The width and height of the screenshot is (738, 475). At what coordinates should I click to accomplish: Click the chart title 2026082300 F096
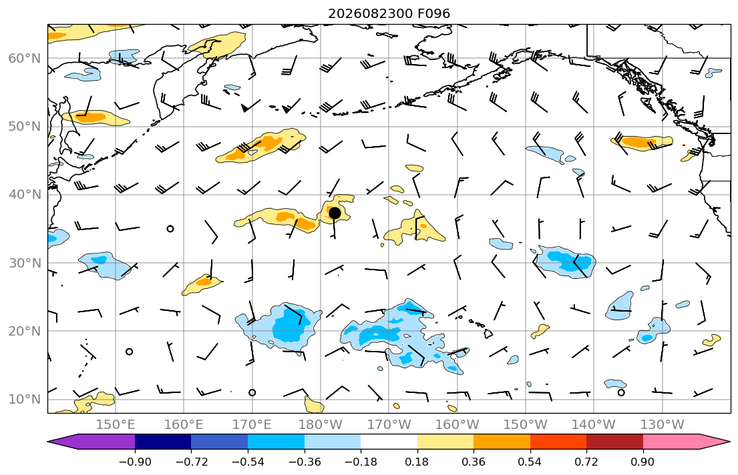tap(389, 13)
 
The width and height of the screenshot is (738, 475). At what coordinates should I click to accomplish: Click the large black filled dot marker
tap(335, 213)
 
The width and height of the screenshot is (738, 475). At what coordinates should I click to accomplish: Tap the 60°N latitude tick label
tap(25, 58)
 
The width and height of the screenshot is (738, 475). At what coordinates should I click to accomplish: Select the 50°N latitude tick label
tap(25, 127)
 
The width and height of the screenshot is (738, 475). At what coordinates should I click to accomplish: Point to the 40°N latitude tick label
tap(25, 195)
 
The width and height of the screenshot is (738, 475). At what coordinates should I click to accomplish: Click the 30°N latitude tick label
tap(25, 263)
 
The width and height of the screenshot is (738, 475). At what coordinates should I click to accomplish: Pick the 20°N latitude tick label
tap(25, 331)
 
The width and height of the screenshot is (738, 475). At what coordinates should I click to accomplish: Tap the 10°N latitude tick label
tap(25, 400)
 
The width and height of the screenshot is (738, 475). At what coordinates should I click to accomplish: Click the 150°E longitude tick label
tap(116, 425)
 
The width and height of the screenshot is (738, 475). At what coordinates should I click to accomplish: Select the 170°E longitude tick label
tap(252, 425)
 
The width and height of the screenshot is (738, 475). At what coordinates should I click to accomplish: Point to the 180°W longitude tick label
tap(321, 425)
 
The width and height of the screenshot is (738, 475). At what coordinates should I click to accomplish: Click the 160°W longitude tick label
tap(457, 425)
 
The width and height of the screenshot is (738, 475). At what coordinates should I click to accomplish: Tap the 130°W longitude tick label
tap(663, 425)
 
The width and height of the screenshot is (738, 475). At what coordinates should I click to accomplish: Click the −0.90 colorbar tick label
tap(135, 462)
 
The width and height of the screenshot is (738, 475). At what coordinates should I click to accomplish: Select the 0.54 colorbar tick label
tap(530, 462)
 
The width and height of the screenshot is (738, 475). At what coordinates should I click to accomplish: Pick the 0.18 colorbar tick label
tap(417, 462)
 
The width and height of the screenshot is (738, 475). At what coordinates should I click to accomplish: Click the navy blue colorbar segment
tap(163, 442)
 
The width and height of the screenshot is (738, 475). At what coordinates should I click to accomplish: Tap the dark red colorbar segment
tap(614, 442)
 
